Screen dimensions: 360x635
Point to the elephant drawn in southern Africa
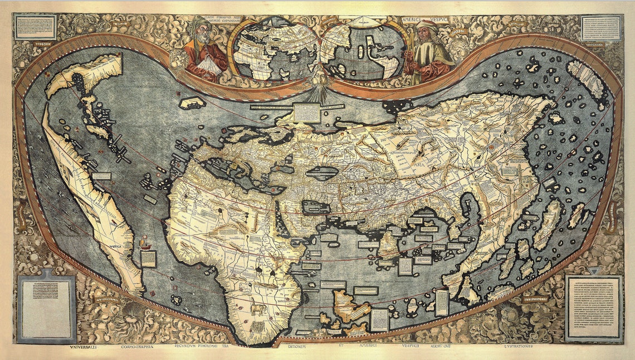[257, 308]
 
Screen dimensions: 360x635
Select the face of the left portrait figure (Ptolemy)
[199, 32]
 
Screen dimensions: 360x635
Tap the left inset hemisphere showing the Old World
[274, 48]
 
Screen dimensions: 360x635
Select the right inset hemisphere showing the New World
[363, 50]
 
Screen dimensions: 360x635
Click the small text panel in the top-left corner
[36, 26]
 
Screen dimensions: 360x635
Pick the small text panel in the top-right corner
[601, 27]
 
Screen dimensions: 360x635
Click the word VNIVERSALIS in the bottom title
[87, 346]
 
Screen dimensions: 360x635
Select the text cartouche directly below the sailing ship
[148, 259]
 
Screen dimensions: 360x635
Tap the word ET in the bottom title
[341, 346]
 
